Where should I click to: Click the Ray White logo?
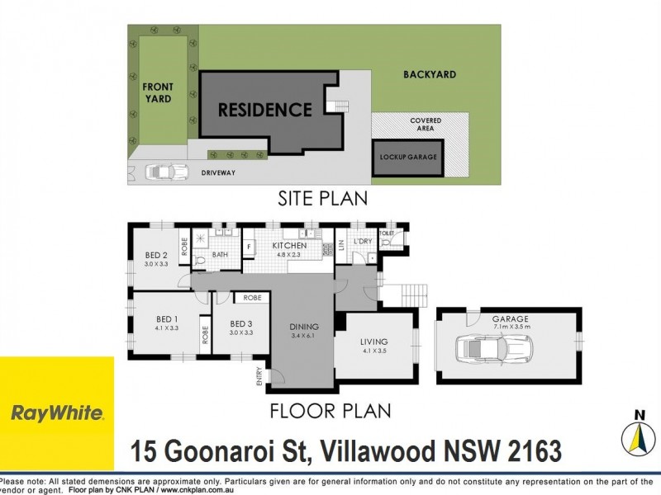point(56,412)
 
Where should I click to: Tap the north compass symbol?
point(637,435)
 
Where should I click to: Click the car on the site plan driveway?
point(166,173)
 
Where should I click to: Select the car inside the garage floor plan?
point(494,351)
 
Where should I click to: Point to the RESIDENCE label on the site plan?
point(265,110)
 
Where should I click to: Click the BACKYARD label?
point(430,75)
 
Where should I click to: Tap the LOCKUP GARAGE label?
point(408,157)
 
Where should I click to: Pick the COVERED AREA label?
point(426,125)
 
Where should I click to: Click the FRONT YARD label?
point(157,92)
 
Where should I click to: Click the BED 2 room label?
point(156,259)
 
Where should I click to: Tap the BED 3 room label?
point(240,328)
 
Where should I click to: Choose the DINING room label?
point(304,331)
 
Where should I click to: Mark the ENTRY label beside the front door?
point(260,375)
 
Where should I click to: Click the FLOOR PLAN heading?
point(330,410)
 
